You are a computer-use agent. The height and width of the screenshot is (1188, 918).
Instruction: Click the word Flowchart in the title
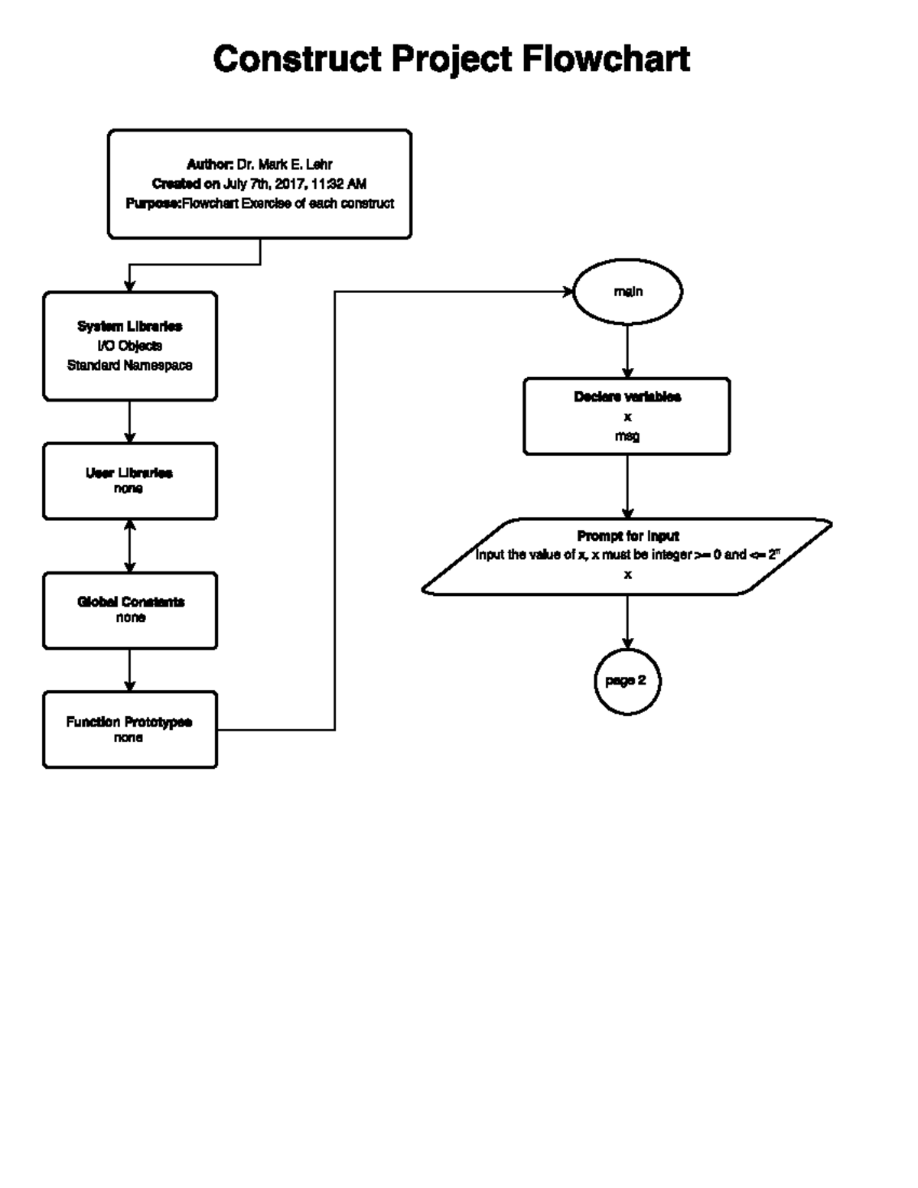(606, 59)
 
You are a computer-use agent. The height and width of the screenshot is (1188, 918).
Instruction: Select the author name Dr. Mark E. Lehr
(284, 164)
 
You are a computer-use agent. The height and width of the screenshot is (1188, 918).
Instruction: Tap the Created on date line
(259, 184)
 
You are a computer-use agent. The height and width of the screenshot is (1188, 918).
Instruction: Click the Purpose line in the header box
(259, 203)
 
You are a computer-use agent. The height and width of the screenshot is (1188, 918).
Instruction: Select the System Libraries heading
(129, 327)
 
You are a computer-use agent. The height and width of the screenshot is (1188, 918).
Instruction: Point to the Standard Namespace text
(129, 366)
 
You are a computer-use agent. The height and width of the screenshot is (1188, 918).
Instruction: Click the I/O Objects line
(129, 346)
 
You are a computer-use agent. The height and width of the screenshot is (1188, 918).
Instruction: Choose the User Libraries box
(129, 481)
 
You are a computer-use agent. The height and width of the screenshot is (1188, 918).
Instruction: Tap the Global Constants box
(129, 610)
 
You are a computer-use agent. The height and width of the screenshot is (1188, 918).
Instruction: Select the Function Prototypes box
(129, 730)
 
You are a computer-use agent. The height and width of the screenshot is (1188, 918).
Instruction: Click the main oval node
(627, 291)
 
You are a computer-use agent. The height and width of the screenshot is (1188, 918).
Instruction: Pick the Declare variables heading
(627, 397)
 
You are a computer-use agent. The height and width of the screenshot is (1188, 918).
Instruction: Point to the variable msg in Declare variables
(627, 436)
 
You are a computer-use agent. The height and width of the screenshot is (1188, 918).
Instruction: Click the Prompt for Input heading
(627, 536)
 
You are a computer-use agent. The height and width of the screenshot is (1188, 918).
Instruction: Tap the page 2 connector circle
(627, 681)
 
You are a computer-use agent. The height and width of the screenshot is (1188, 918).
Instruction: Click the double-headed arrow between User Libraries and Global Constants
(129, 546)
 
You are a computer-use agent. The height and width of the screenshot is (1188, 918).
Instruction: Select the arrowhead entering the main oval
(568, 291)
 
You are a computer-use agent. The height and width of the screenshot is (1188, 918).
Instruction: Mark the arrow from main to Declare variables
(627, 350)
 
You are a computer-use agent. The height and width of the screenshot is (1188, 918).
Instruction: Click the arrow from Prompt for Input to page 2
(627, 621)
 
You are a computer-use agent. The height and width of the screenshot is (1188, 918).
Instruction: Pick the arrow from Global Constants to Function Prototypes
(129, 670)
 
